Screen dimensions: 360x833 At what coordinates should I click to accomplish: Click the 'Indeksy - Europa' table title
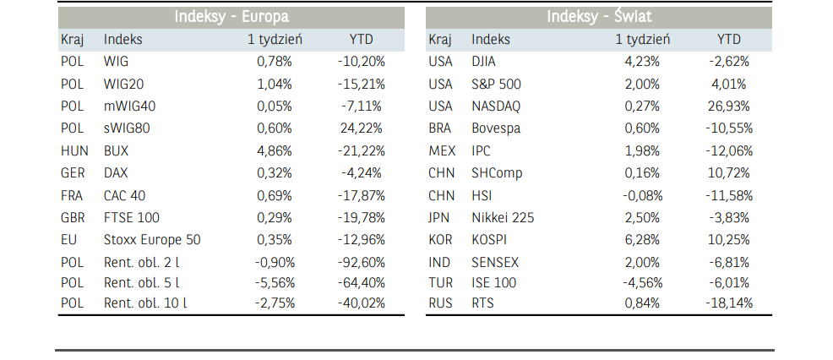coord(231,16)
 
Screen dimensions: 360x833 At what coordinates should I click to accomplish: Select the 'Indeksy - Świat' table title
coord(598,16)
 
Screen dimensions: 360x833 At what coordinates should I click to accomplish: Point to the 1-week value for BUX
coord(275,150)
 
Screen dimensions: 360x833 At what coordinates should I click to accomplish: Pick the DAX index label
coord(116,173)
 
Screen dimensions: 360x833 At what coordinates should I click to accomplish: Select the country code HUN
coord(74,150)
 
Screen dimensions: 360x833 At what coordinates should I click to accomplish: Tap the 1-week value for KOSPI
coord(642,239)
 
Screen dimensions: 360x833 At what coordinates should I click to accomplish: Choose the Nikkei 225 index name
coord(503,217)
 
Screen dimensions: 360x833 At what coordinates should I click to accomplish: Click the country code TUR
coord(440,282)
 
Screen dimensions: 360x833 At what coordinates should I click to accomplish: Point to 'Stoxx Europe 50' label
coord(152,239)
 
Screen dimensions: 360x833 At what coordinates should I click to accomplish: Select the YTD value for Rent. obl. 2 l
coord(362,261)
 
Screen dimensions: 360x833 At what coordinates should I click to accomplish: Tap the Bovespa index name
coord(496,128)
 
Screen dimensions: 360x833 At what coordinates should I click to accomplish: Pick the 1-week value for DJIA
coord(642,61)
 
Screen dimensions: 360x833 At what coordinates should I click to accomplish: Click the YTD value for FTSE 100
coord(362,217)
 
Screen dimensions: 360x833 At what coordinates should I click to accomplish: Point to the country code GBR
coord(73,217)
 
